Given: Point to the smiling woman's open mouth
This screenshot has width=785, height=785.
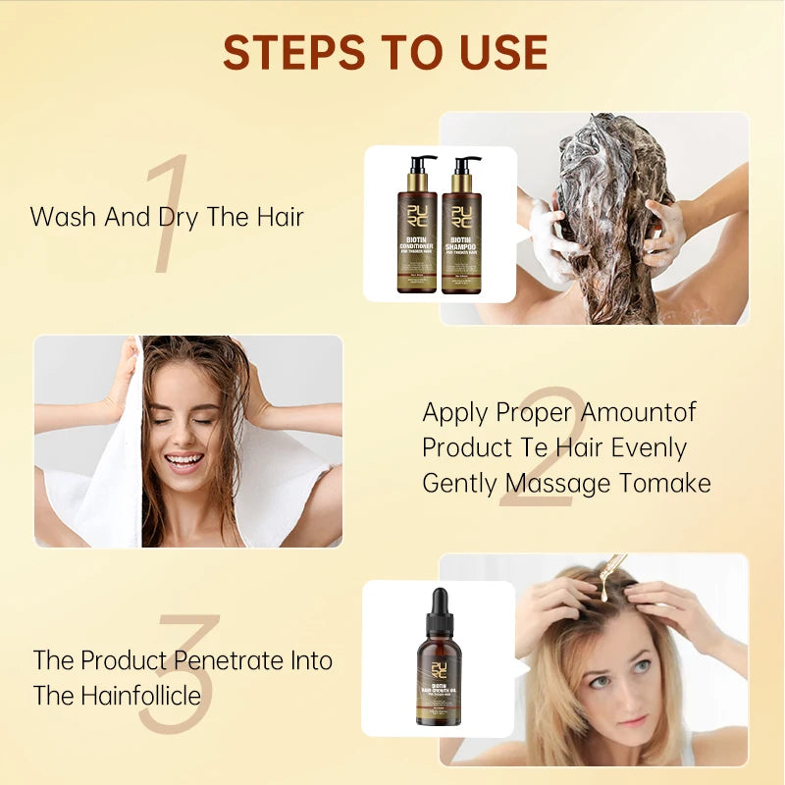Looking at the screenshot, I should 184,459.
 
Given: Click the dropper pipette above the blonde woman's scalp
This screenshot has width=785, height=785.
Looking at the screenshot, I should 610,574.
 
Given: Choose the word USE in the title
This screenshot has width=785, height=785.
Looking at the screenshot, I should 497,52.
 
